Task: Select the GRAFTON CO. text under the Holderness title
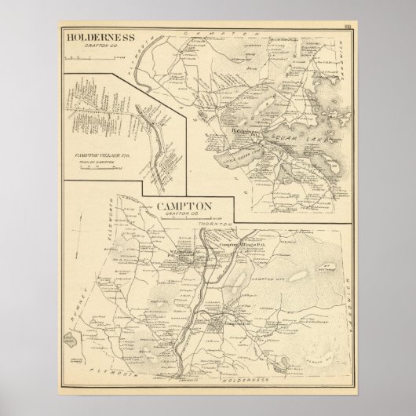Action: [100, 46]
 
